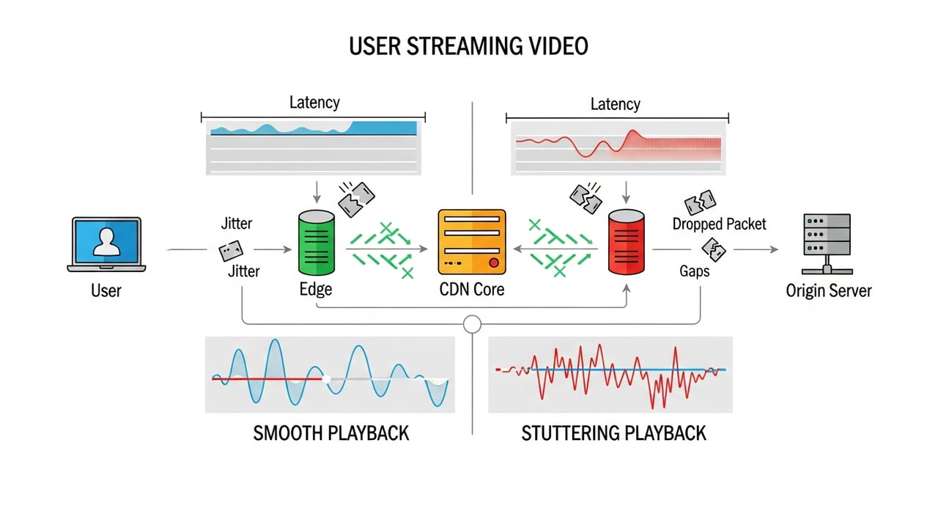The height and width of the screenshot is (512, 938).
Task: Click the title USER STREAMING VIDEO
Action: point(468,46)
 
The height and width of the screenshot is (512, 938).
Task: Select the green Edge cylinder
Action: point(316,243)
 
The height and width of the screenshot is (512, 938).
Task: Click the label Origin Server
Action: point(829,290)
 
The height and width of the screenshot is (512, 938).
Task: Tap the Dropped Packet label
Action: point(719,224)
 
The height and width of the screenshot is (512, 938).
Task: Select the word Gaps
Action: point(694,271)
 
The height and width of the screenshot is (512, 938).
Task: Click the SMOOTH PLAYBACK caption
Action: point(331,433)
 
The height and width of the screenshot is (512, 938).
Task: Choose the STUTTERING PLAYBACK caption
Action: point(613,433)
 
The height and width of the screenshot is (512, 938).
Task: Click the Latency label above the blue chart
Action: point(314,102)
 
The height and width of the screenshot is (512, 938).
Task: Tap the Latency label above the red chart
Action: point(615,104)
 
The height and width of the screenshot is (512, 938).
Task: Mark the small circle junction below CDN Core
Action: point(472,323)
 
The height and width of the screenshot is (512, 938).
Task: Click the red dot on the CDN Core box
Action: point(493,263)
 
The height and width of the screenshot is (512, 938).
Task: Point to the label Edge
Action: point(316,289)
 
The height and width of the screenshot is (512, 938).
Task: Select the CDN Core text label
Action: point(472,289)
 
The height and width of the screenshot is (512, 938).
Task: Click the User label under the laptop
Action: point(106,290)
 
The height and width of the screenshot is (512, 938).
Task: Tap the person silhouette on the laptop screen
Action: point(107,241)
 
